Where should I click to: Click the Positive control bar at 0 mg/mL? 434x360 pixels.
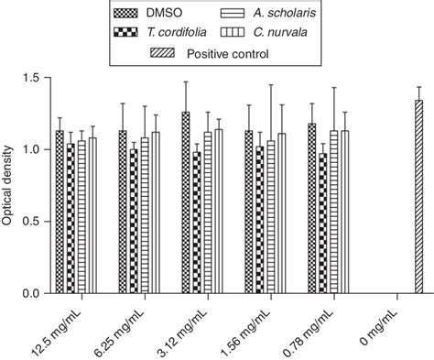click(x=419, y=197)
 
